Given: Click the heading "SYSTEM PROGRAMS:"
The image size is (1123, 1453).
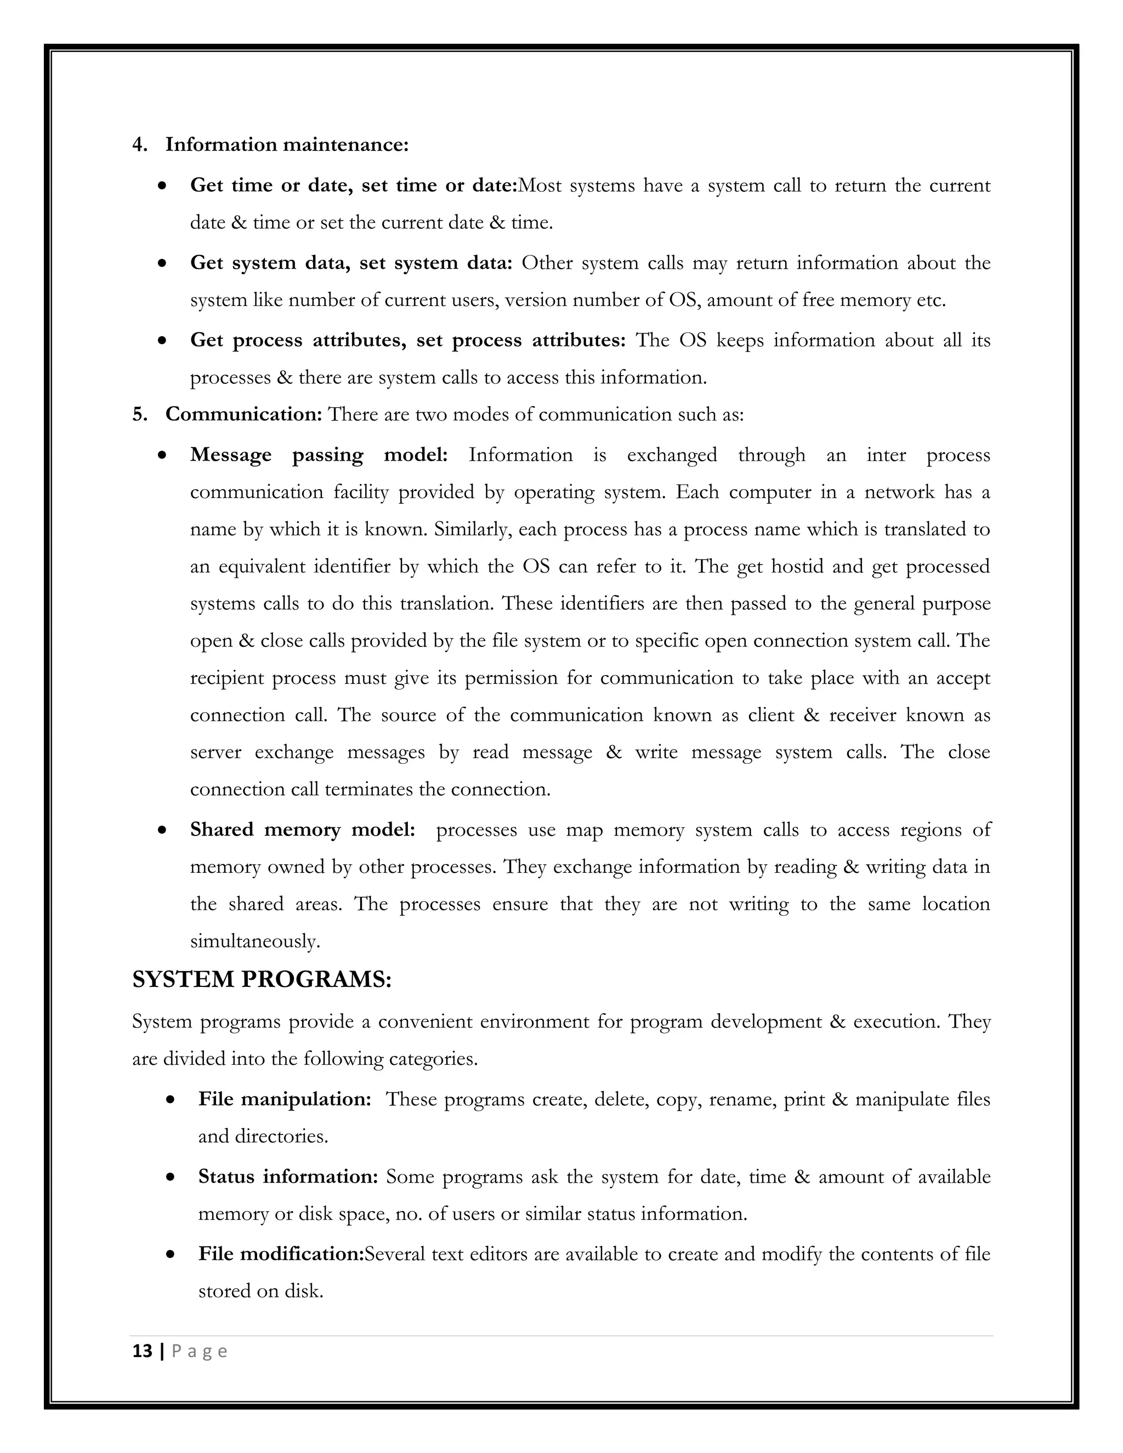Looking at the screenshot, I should [x=262, y=979].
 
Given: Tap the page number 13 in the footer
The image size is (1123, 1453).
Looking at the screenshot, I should [x=143, y=1351].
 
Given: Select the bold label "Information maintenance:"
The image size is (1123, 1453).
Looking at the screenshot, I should [x=287, y=144].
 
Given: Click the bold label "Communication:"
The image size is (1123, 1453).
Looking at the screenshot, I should [x=243, y=415].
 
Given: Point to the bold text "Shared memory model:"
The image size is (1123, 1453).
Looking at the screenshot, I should [x=303, y=830].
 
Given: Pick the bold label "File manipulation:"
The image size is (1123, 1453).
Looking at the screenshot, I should [x=285, y=1099].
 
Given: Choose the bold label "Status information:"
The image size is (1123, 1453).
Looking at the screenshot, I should [x=288, y=1176].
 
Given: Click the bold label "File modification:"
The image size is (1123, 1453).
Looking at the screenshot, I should [x=281, y=1254].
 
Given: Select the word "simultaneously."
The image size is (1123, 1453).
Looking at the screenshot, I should [x=255, y=941].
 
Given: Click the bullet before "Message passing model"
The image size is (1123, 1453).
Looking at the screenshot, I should [x=162, y=456].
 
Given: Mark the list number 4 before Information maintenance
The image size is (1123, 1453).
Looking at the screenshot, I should [x=139, y=144].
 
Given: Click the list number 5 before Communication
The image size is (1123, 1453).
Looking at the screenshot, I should [x=139, y=415].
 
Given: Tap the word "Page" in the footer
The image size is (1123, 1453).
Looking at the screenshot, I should [x=200, y=1351].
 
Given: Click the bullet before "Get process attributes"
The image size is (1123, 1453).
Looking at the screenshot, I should [x=162, y=341].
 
